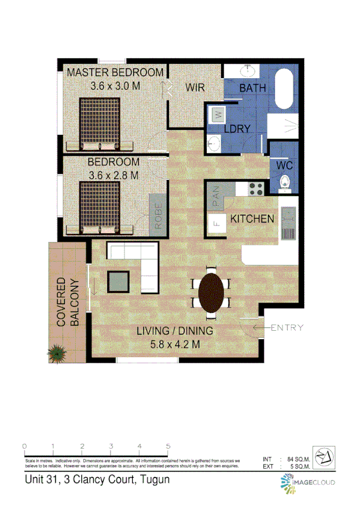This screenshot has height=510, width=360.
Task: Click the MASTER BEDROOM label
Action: click(114, 73)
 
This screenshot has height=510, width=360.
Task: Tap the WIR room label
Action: click(195, 88)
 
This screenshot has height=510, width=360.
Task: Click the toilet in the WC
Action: click(286, 182)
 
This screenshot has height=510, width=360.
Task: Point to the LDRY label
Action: click(237, 129)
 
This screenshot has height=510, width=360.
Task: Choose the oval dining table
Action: click(213, 293)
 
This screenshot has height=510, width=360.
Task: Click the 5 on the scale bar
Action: click(168, 446)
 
